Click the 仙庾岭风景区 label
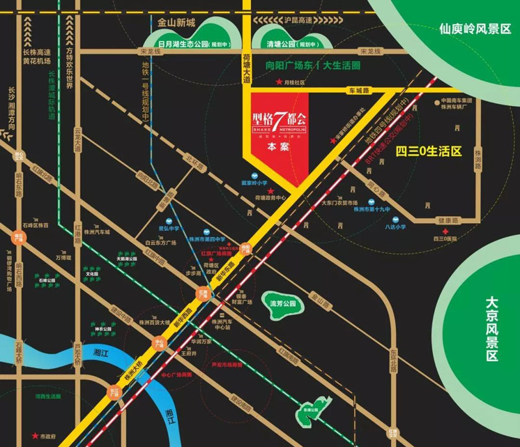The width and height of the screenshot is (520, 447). point(475,29)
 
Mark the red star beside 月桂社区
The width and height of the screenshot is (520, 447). point(279,82)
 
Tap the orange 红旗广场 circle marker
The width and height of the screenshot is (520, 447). point(203,294)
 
